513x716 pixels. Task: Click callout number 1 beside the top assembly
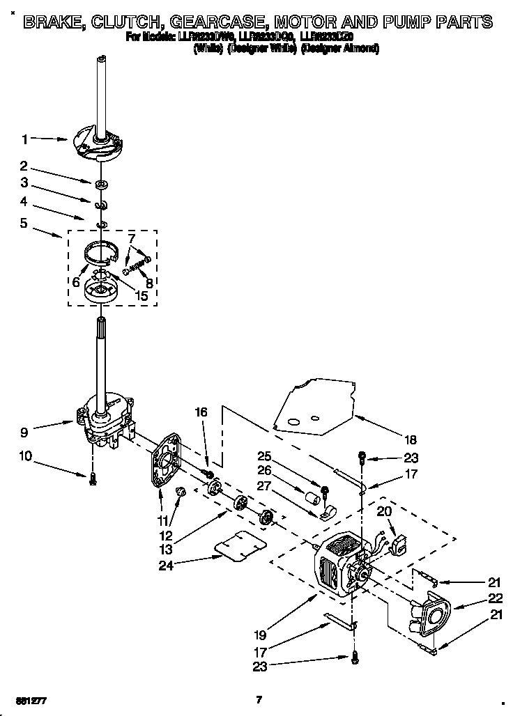(24, 140)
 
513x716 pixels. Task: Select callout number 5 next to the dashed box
(24, 224)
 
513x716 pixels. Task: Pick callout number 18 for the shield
(410, 439)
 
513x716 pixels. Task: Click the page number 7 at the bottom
(258, 699)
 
